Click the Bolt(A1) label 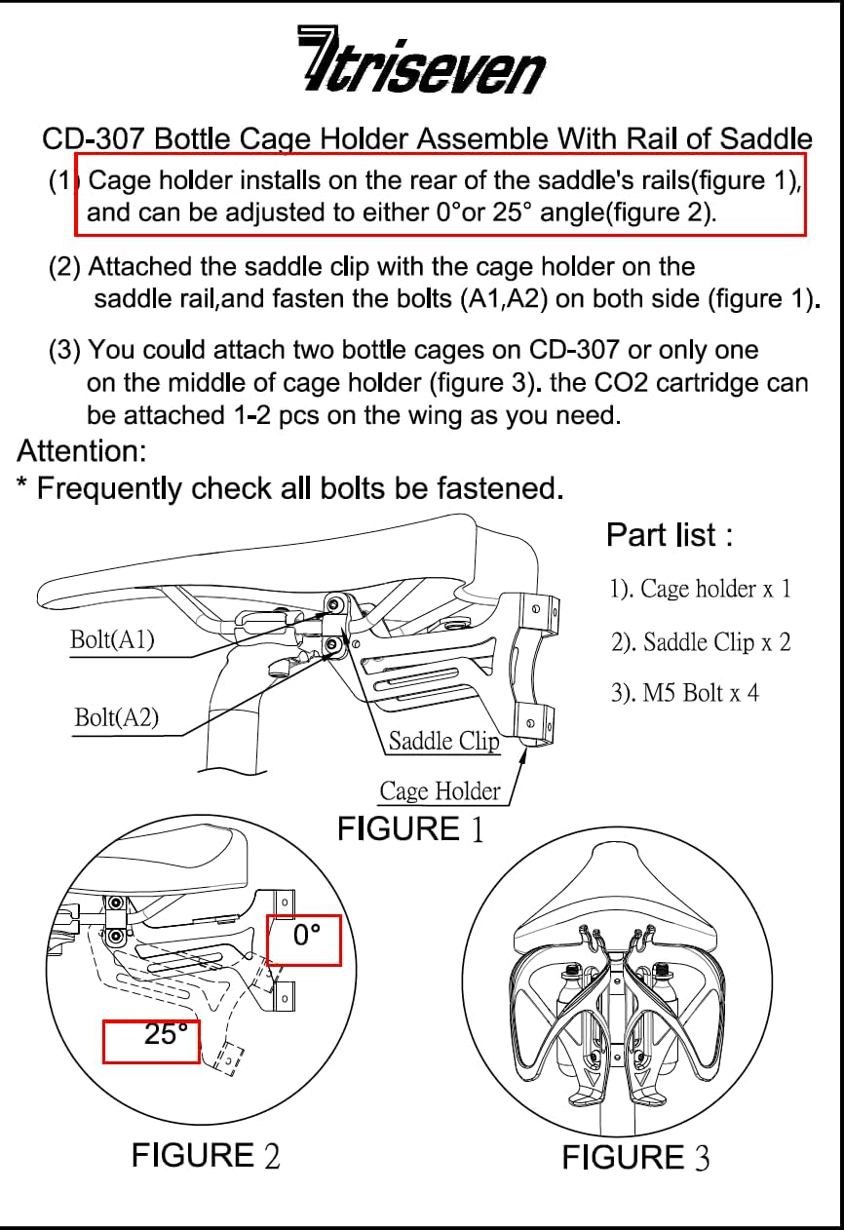coord(112,640)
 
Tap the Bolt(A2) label coord(116,718)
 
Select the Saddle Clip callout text coord(443,741)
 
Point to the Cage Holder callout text coord(440,791)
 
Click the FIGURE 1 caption coord(410,829)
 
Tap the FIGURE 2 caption coord(206,1156)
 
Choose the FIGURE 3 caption coord(635,1158)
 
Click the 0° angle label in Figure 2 coord(307,937)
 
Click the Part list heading coord(670,535)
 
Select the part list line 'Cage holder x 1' coord(701,589)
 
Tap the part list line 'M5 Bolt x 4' coord(685,693)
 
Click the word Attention coord(82,451)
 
